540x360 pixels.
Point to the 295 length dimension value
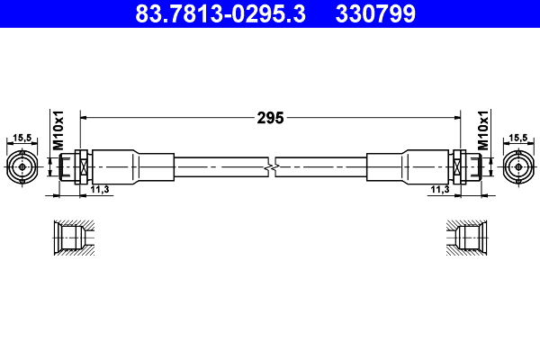point(271,117)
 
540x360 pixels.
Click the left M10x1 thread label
point(57,131)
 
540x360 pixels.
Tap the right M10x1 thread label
point(482,131)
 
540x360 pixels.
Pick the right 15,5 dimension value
point(517,138)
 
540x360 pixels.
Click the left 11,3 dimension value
point(101,189)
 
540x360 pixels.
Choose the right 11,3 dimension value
point(439,189)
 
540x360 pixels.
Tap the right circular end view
point(517,166)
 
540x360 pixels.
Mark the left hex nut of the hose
point(81,166)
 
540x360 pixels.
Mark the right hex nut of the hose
point(459,166)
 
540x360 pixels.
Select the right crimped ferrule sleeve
point(408,166)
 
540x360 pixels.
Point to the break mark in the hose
point(271,166)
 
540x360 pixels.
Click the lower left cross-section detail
point(72,239)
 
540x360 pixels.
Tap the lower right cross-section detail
point(467,239)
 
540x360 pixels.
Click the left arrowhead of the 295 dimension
point(85,117)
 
